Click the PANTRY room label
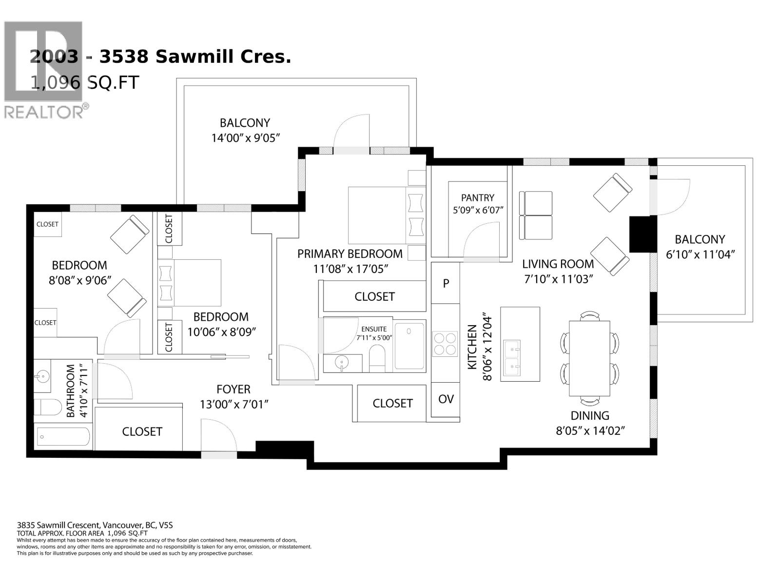[477, 198]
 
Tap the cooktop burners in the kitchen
[445, 344]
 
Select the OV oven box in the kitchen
[446, 399]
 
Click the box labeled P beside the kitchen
[446, 283]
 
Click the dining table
[589, 358]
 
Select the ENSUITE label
[374, 329]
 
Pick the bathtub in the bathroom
[63, 436]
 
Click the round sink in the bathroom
[42, 376]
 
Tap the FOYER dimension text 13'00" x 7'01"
[234, 405]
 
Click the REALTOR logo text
[44, 112]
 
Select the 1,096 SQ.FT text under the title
[84, 82]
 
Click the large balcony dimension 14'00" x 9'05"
[245, 138]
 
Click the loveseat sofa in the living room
[536, 215]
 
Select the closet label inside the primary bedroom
[374, 296]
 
